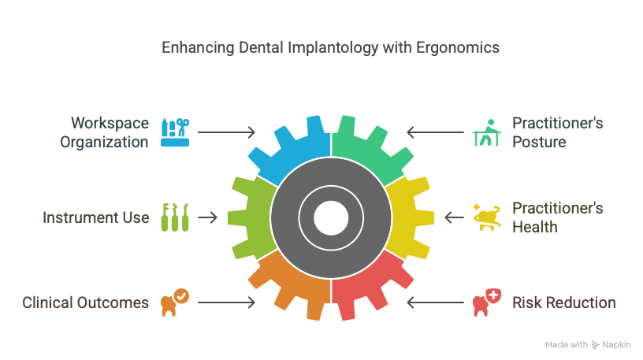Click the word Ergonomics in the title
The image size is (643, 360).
(x=458, y=48)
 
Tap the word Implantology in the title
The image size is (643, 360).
(x=333, y=48)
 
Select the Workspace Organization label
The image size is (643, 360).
(x=104, y=132)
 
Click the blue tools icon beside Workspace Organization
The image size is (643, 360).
(x=175, y=132)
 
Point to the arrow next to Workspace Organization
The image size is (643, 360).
(x=226, y=132)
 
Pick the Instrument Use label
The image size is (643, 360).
(x=96, y=217)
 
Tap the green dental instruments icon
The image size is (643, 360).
(x=175, y=217)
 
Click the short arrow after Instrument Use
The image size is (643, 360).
(x=207, y=217)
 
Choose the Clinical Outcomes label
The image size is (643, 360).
(x=85, y=302)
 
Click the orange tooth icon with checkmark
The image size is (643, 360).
(x=175, y=302)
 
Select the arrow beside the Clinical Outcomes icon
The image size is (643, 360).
(x=226, y=302)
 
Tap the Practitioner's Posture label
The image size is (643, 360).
(x=558, y=132)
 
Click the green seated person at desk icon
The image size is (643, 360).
(x=487, y=132)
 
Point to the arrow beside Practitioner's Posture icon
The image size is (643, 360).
(x=436, y=132)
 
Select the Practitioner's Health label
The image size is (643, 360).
(x=558, y=217)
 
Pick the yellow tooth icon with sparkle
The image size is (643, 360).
(x=487, y=217)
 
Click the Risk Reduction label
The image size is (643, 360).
(x=564, y=302)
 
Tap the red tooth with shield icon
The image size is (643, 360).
(x=487, y=302)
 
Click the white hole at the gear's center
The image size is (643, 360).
(x=331, y=217)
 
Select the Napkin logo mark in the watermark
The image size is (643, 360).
(x=595, y=345)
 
